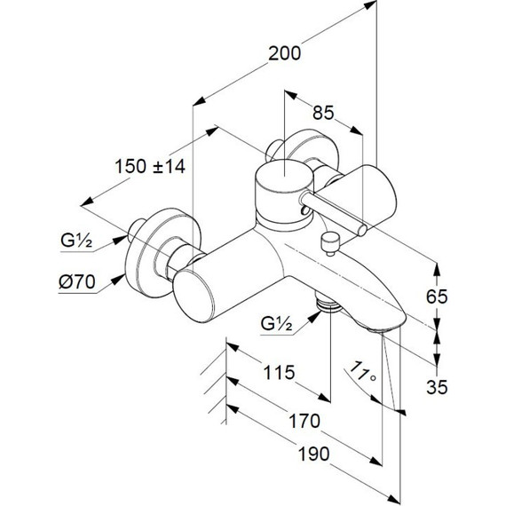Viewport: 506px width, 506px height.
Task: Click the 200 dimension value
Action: pyautogui.click(x=284, y=53)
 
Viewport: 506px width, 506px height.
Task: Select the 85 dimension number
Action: pyautogui.click(x=323, y=113)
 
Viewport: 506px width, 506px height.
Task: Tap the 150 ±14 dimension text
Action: pyautogui.click(x=150, y=167)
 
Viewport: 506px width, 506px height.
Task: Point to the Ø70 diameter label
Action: pyautogui.click(x=77, y=282)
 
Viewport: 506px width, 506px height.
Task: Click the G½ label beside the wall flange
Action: pyautogui.click(x=76, y=241)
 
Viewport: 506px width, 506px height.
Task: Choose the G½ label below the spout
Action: pyautogui.click(x=277, y=324)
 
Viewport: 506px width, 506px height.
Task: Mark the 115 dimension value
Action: pyautogui.click(x=279, y=373)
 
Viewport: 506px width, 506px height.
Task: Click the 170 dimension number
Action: pyautogui.click(x=304, y=421)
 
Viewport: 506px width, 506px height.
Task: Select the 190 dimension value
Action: pyautogui.click(x=313, y=454)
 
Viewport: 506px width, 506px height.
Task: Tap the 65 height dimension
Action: pyautogui.click(x=437, y=296)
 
